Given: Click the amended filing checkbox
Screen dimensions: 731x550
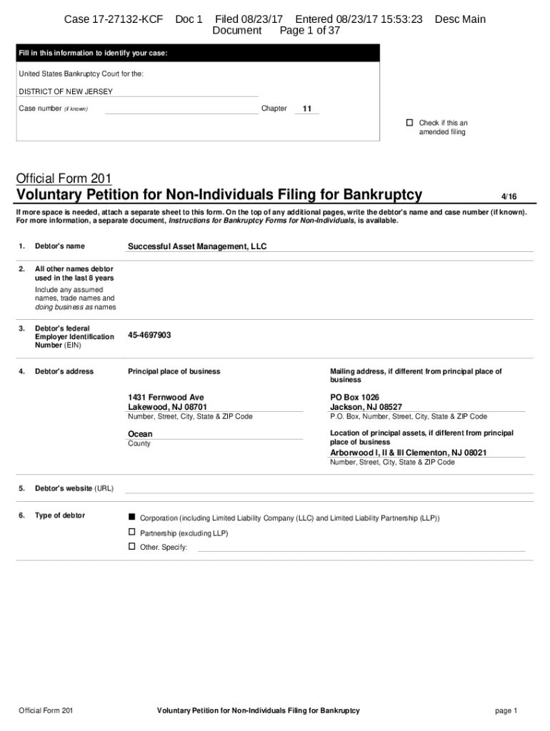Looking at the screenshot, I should (x=410, y=123).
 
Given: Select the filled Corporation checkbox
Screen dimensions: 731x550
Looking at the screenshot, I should (x=131, y=517).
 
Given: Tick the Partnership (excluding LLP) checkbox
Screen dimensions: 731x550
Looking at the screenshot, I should (x=131, y=533).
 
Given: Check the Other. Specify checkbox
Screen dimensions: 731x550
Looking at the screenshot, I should (x=131, y=546).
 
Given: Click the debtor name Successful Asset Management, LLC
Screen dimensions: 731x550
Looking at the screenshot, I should (x=196, y=246).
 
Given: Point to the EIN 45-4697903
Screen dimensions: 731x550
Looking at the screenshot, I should (x=149, y=335).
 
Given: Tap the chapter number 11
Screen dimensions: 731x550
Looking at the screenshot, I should (x=307, y=109).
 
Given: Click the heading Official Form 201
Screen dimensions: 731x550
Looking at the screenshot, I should (x=64, y=178).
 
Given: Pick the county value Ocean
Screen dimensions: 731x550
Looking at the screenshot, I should (x=140, y=434).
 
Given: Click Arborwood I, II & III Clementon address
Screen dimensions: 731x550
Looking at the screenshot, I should (x=408, y=453).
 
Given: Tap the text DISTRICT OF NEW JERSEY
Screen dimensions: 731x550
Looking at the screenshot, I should (x=66, y=91).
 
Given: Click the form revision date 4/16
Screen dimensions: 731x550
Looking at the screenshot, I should (x=508, y=196).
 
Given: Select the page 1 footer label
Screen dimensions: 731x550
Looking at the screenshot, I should (x=505, y=710).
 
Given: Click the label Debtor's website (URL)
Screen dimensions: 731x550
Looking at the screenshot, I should (x=74, y=488).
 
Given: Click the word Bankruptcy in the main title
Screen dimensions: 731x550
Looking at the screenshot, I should (x=382, y=195).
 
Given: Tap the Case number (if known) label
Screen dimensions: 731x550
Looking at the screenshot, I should (x=53, y=109).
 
